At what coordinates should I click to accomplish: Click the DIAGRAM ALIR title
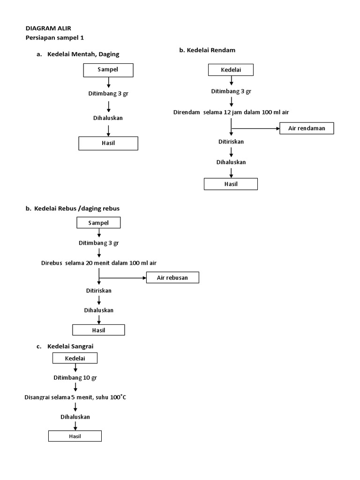48,28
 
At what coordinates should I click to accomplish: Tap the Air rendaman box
307,128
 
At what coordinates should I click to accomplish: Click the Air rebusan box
172,277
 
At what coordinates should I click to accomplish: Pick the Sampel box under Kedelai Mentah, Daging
108,70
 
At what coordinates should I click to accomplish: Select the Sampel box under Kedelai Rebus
98,223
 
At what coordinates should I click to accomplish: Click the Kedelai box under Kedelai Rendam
231,70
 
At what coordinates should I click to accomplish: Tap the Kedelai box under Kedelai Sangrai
75,358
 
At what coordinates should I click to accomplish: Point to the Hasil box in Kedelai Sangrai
75,436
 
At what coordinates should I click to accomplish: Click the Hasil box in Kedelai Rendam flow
231,184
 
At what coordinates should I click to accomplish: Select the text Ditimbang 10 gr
75,377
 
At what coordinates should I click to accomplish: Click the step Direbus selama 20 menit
98,263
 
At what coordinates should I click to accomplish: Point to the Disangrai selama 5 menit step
75,397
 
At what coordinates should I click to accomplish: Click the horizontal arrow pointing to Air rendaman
255,128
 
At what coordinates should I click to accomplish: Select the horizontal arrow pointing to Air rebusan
122,277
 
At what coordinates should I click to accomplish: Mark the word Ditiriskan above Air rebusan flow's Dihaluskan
98,291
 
